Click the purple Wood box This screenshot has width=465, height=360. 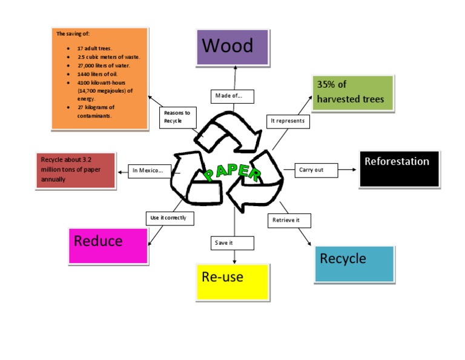click(x=232, y=47)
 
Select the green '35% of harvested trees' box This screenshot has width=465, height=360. click(x=352, y=93)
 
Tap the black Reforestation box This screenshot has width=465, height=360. click(x=398, y=168)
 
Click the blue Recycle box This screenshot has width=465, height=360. click(x=354, y=264)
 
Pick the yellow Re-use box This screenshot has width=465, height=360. click(x=232, y=282)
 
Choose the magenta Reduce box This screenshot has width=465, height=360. click(x=108, y=245)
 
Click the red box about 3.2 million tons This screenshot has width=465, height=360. click(x=76, y=170)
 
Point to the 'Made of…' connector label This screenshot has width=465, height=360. click(x=232, y=96)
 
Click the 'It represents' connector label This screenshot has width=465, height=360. click(x=288, y=121)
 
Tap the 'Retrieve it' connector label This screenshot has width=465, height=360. click(x=286, y=220)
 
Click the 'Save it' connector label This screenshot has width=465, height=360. click(x=232, y=243)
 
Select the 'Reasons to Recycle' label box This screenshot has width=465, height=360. click(x=179, y=117)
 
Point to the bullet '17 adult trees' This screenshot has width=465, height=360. click(x=94, y=48)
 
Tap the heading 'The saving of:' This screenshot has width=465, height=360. click(x=72, y=34)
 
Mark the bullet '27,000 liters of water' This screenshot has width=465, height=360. click(x=104, y=65)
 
